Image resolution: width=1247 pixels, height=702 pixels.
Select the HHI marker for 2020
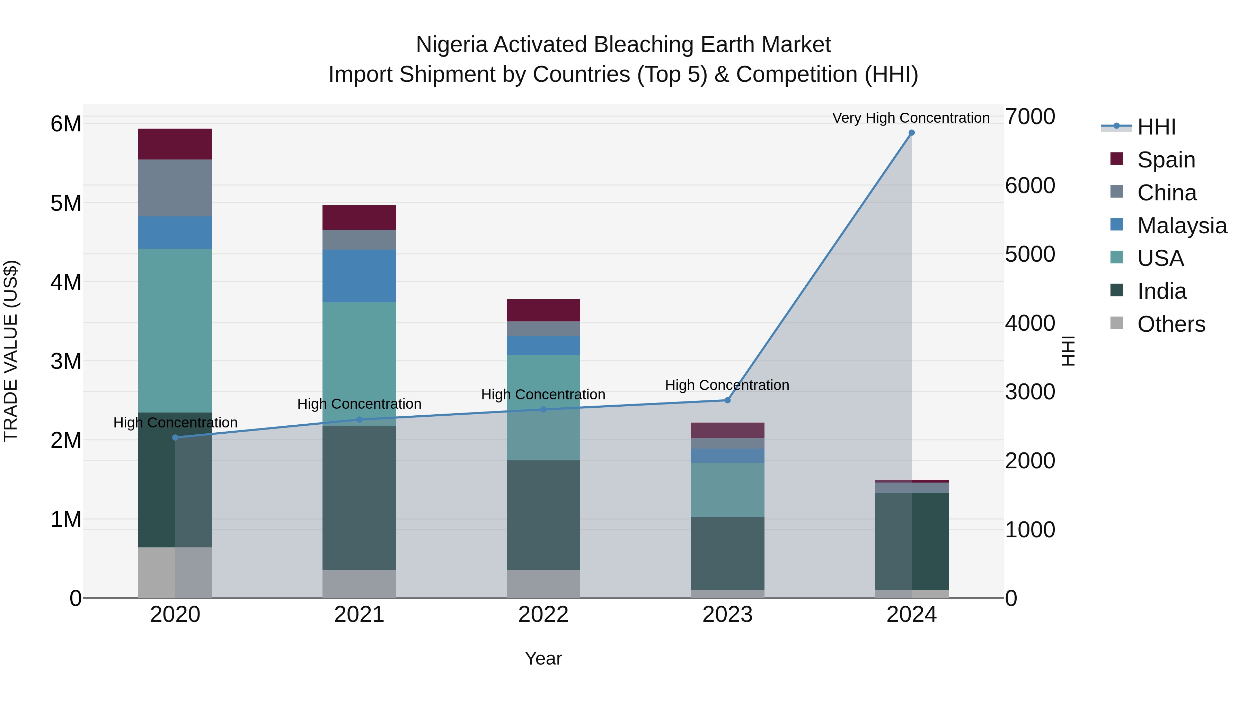[175, 437]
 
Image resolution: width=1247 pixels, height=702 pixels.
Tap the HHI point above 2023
[727, 400]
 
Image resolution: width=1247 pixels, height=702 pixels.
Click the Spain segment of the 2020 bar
[175, 144]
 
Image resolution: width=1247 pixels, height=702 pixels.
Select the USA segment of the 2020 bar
[175, 330]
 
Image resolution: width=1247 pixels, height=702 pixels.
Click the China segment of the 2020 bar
[175, 188]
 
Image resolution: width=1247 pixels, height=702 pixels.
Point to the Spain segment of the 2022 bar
[543, 310]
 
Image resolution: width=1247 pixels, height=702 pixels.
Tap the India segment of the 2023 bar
[727, 553]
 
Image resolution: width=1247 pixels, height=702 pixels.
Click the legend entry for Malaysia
[1182, 226]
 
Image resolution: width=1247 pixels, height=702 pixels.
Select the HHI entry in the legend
[1156, 127]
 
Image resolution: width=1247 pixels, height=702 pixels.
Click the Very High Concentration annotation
[911, 118]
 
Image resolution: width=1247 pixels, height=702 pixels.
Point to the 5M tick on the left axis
[66, 203]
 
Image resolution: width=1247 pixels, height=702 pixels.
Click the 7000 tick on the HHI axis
[1030, 117]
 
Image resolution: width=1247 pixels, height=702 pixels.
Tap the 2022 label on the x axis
[543, 615]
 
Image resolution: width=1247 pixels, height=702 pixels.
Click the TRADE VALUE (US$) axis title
[11, 351]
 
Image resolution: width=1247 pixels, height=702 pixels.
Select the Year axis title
[543, 658]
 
